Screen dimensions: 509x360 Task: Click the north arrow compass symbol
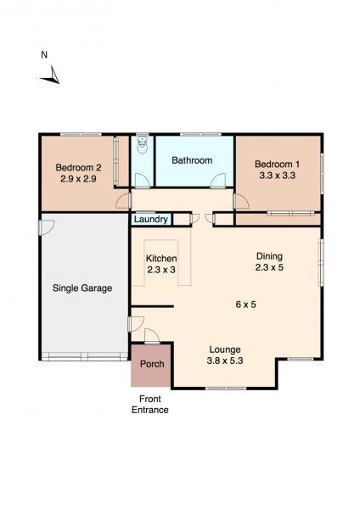coord(49,78)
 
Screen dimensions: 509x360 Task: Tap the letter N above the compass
coord(44,56)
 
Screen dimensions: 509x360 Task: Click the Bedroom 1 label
coord(277,164)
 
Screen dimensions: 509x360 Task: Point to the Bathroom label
coord(192,160)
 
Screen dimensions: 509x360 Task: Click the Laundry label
coord(149,219)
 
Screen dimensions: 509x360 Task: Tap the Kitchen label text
coord(161,258)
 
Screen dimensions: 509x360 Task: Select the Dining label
coord(269,256)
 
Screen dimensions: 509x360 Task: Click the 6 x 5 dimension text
coord(246,305)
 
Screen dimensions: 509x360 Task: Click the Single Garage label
coord(82,288)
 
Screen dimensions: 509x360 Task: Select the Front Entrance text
coord(149,405)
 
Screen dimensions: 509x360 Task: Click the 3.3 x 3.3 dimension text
coord(277,176)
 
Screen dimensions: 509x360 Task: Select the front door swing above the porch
coord(149,334)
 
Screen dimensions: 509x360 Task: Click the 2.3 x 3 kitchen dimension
coord(161,271)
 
